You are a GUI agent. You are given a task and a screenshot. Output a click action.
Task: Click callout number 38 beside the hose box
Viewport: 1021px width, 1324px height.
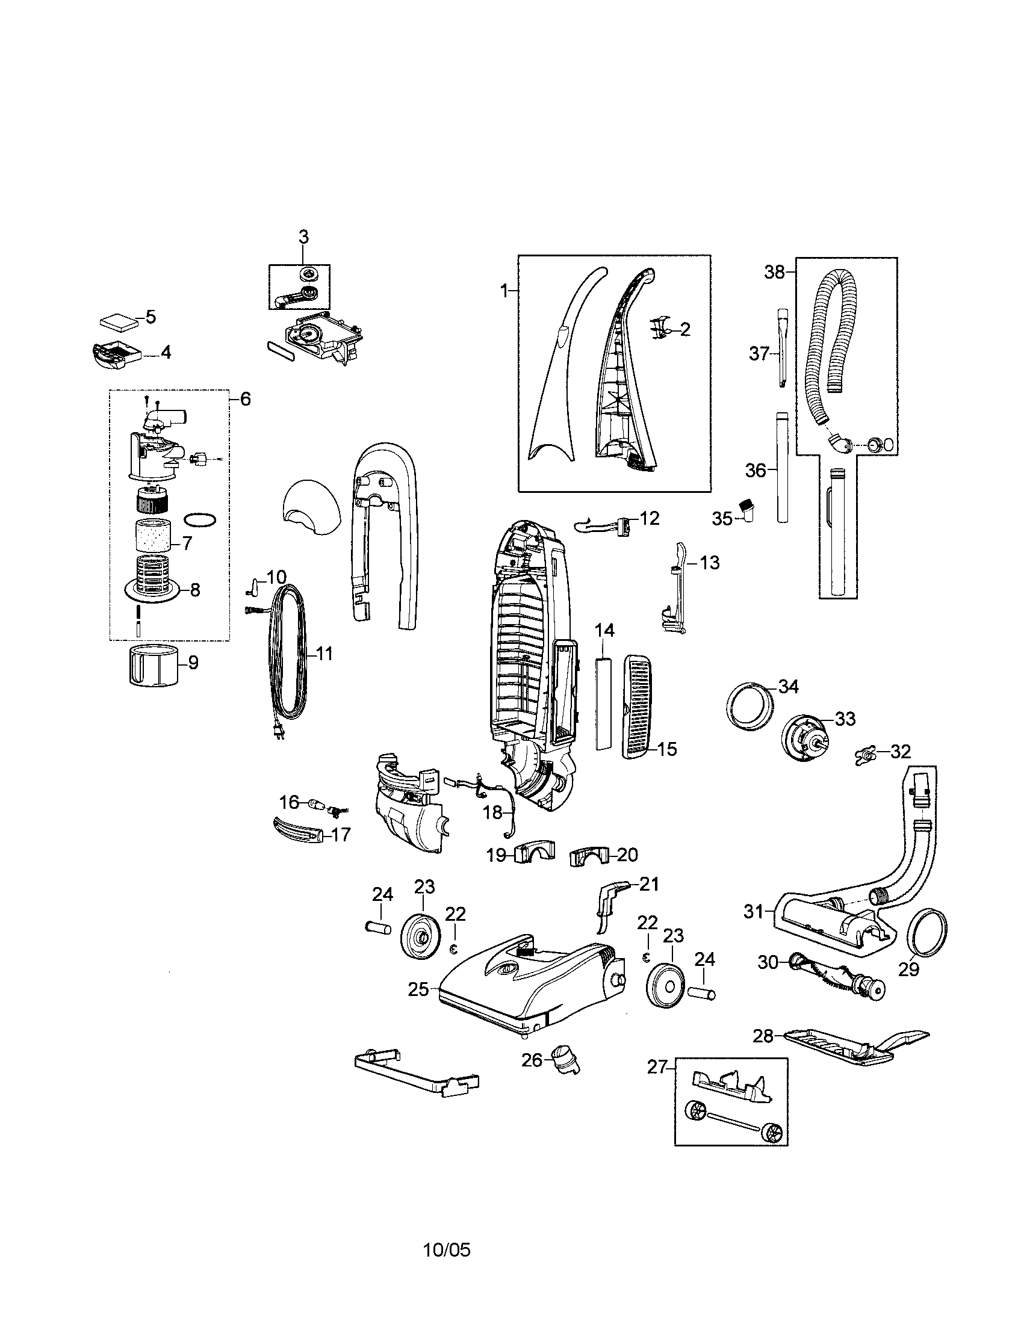[x=774, y=272]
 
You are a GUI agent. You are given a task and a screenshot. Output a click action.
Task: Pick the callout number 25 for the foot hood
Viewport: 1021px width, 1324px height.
[x=418, y=989]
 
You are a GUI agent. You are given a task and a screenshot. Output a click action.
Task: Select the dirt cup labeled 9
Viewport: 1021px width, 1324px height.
[x=155, y=666]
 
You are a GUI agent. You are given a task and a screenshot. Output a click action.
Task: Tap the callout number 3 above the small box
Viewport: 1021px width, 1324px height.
[x=303, y=237]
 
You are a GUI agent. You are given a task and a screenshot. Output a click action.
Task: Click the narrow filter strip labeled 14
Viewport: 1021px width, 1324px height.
[x=604, y=703]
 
